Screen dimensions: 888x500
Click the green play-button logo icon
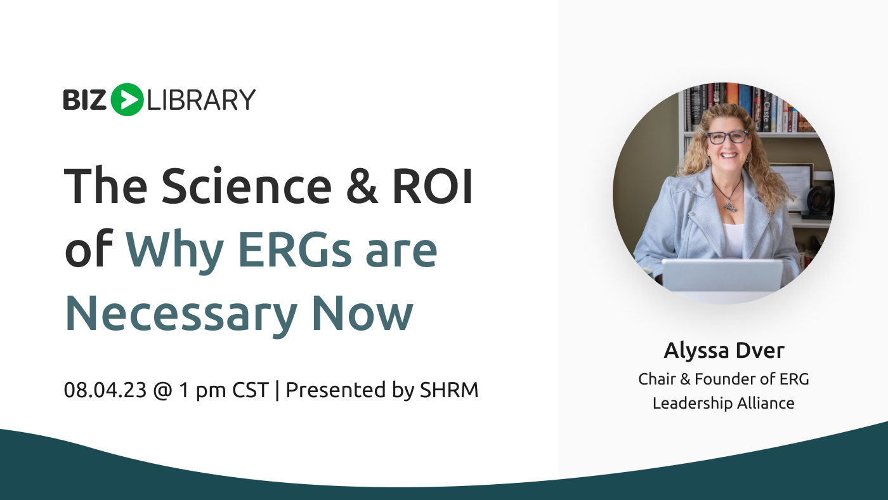(127, 100)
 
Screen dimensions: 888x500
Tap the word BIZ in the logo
(84, 100)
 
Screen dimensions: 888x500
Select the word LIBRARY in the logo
(201, 100)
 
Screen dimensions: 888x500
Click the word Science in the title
(246, 185)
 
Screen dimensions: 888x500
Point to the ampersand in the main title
(362, 185)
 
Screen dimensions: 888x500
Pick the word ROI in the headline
(433, 186)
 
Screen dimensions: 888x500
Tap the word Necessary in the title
(181, 314)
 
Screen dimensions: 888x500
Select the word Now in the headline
(362, 313)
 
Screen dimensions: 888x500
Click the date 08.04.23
(105, 390)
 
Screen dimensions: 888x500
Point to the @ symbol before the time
(162, 390)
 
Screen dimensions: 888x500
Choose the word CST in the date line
(251, 390)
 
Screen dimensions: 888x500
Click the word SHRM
(449, 390)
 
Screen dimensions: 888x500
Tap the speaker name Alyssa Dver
(724, 350)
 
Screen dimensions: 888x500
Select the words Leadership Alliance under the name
(724, 404)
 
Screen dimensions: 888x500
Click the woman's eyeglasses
(728, 137)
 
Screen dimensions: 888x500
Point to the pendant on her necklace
(730, 207)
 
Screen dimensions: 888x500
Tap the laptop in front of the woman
(722, 276)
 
